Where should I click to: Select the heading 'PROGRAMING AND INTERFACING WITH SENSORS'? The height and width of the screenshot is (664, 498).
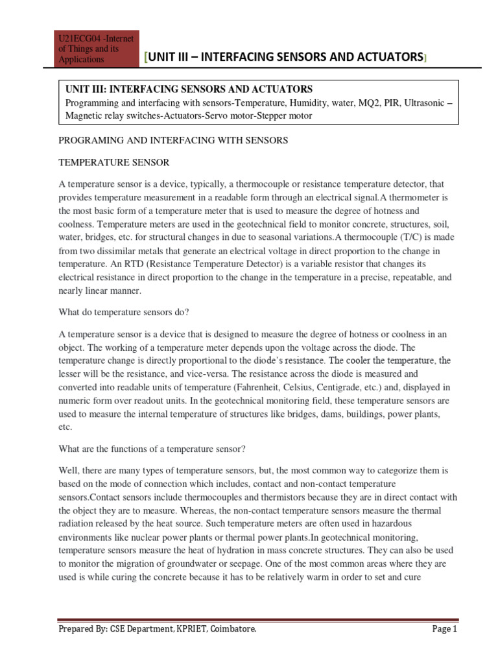point(173,140)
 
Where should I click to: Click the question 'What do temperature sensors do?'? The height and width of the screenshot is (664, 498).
point(124,312)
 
